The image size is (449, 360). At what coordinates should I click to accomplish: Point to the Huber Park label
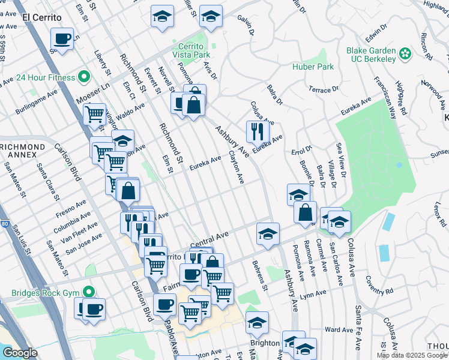313,67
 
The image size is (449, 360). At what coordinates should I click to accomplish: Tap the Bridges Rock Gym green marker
89,292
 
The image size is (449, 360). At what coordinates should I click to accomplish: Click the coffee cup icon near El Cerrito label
62,40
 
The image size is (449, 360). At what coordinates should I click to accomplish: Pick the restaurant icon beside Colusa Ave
258,131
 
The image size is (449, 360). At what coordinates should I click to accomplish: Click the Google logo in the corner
19,353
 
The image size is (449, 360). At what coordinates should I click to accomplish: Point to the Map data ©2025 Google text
412,355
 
